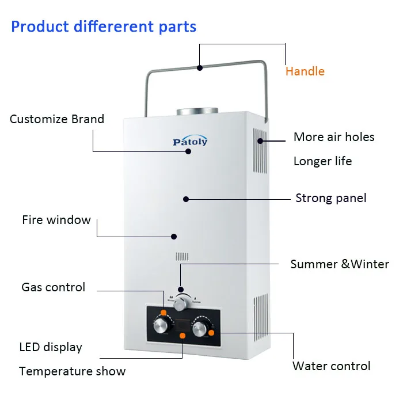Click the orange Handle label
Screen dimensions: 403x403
pyautogui.click(x=305, y=71)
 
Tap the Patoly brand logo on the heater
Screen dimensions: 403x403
pyautogui.click(x=190, y=142)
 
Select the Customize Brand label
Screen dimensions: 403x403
pyautogui.click(x=57, y=119)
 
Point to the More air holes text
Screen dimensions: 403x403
pyautogui.click(x=334, y=137)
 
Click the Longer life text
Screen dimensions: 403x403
pyautogui.click(x=322, y=161)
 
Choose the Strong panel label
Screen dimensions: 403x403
pyautogui.click(x=330, y=198)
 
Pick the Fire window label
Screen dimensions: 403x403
pyautogui.click(x=56, y=220)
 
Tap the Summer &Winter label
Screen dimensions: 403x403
pyautogui.click(x=340, y=264)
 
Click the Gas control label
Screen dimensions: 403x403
pyautogui.click(x=53, y=287)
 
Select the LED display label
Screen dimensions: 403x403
pyautogui.click(x=51, y=347)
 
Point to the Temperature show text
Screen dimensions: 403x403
pyautogui.click(x=72, y=371)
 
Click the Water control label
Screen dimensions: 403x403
pyautogui.click(x=331, y=366)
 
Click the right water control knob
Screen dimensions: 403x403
pyautogui.click(x=200, y=329)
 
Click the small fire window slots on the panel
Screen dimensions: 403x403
pyautogui.click(x=182, y=257)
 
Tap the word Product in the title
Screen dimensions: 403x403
pyautogui.click(x=38, y=26)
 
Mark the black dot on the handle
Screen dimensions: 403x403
pyautogui.click(x=199, y=68)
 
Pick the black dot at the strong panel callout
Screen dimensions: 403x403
pyautogui.click(x=186, y=199)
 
